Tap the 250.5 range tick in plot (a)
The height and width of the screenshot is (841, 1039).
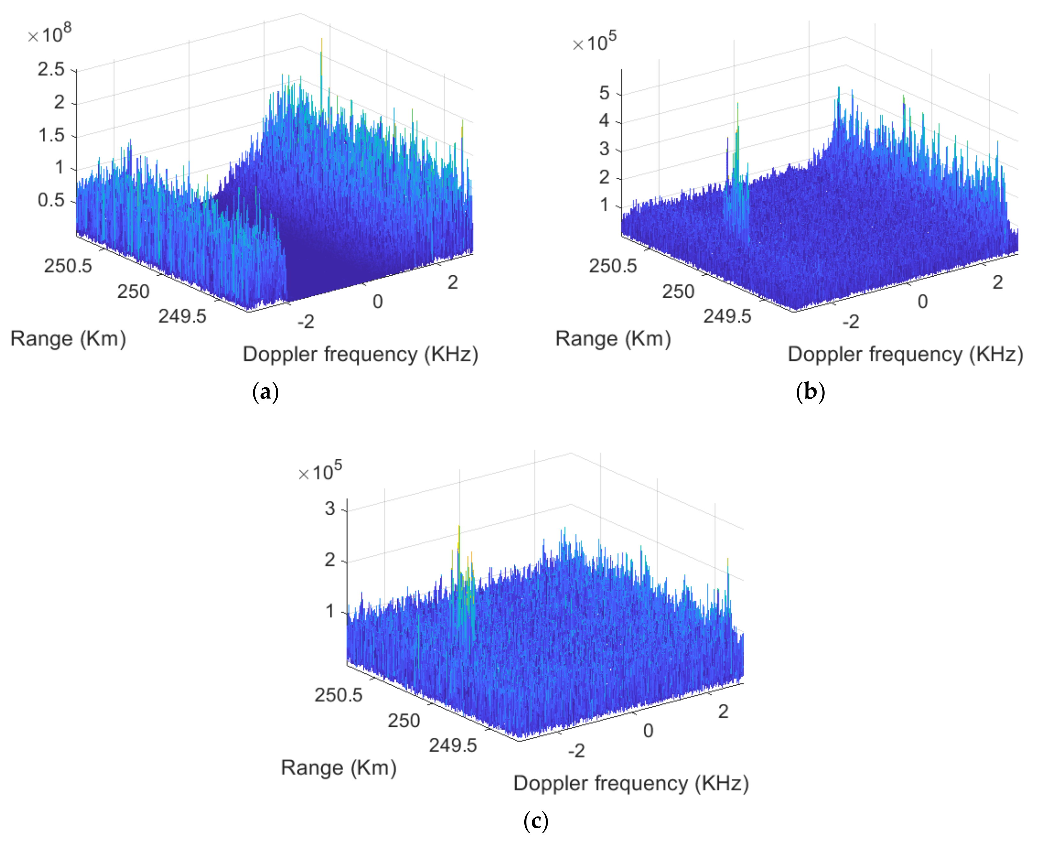point(68,266)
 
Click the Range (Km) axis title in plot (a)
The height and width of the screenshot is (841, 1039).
point(68,338)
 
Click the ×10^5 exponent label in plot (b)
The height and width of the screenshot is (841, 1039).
point(594,43)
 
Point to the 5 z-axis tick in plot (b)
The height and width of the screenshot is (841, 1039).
point(604,93)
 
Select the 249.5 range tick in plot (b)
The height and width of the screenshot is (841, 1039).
point(727,316)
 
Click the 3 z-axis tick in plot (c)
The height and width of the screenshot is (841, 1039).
point(330,509)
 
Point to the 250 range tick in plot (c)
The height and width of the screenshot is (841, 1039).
point(404,721)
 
